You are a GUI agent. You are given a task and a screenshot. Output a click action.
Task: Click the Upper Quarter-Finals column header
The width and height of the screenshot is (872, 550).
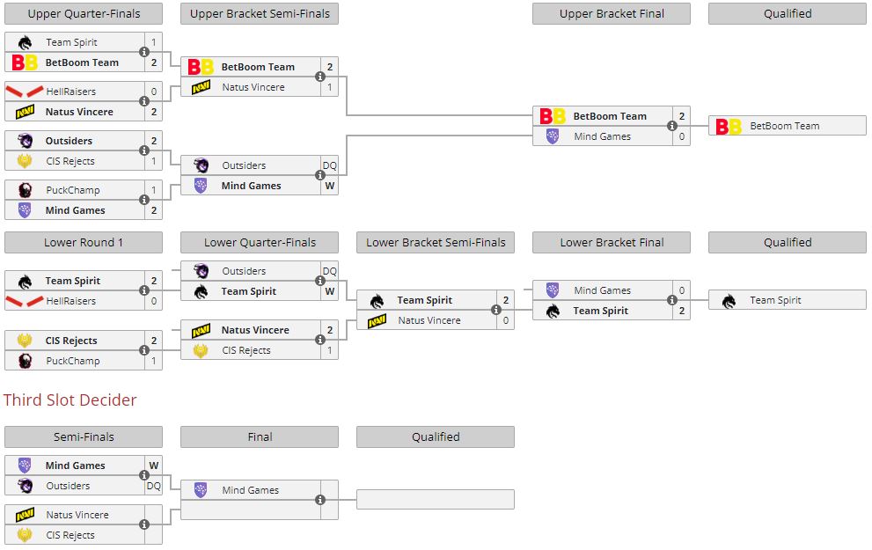(84, 13)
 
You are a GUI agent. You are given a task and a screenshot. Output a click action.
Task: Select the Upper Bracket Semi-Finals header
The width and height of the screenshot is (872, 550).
(260, 13)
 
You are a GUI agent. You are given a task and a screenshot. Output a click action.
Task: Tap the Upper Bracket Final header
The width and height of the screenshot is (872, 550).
(612, 13)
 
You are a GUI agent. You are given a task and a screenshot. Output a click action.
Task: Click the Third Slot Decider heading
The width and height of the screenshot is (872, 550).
(70, 400)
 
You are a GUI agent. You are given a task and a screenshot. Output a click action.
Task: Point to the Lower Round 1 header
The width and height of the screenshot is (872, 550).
(84, 242)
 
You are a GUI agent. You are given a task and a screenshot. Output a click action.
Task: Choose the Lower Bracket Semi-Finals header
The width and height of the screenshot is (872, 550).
(436, 242)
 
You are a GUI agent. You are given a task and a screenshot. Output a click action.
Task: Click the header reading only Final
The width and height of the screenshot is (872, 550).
(260, 436)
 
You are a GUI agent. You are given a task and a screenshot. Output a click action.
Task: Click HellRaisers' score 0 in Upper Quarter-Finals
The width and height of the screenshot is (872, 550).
(154, 92)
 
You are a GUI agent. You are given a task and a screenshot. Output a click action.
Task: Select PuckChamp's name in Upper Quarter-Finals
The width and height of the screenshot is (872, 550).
(73, 190)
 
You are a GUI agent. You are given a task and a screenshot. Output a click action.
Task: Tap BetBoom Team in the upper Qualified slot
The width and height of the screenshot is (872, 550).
(784, 126)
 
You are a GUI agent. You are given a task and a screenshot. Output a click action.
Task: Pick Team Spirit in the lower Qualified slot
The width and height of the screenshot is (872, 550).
(775, 300)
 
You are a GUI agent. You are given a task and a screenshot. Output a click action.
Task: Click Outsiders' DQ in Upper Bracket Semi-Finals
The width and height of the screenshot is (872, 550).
(329, 165)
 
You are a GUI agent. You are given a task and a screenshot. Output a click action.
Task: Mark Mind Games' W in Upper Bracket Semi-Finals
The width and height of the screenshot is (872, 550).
(329, 186)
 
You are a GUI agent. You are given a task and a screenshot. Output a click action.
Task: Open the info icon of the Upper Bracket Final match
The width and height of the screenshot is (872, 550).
(672, 126)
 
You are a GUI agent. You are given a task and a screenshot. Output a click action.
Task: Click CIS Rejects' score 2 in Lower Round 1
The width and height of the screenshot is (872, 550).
(154, 341)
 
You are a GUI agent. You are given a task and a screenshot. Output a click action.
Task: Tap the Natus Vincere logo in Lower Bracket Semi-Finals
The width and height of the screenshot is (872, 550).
(377, 321)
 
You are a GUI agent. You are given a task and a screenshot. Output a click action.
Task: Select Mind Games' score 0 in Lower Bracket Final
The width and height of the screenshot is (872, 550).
(682, 290)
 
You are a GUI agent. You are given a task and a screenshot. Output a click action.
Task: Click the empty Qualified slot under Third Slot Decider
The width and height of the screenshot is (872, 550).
(436, 499)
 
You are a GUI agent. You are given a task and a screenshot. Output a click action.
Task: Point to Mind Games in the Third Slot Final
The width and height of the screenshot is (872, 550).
(250, 490)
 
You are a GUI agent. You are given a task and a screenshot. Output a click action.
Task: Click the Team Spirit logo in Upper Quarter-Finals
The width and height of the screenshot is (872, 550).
(25, 42)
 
